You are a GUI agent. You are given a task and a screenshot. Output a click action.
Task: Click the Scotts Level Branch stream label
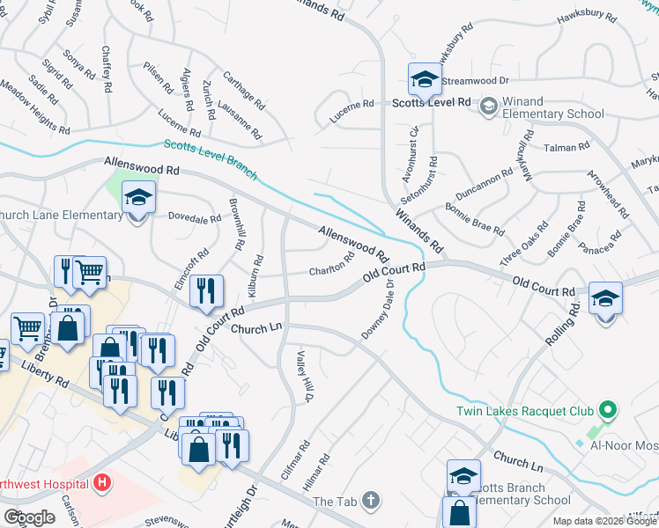click(x=211, y=158)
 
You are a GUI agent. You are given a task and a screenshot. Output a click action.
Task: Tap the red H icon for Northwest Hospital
click(x=103, y=483)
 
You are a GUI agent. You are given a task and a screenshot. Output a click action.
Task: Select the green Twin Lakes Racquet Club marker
click(x=606, y=411)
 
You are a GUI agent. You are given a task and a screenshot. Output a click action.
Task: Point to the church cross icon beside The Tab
click(x=371, y=501)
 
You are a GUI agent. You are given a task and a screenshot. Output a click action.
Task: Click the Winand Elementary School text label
click(x=553, y=114)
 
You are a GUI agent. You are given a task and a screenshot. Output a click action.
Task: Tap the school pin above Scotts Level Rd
click(x=425, y=79)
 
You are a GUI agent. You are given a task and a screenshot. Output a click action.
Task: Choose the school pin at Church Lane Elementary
click(x=137, y=196)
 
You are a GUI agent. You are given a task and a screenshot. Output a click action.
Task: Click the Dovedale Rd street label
click(x=194, y=217)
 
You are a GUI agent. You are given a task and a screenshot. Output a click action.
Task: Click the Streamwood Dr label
click(x=477, y=80)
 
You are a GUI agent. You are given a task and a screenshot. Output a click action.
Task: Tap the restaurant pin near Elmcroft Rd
click(x=206, y=291)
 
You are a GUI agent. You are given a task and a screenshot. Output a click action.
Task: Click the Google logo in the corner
click(x=29, y=517)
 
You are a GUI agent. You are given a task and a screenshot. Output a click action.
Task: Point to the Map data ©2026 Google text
click(x=604, y=521)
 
